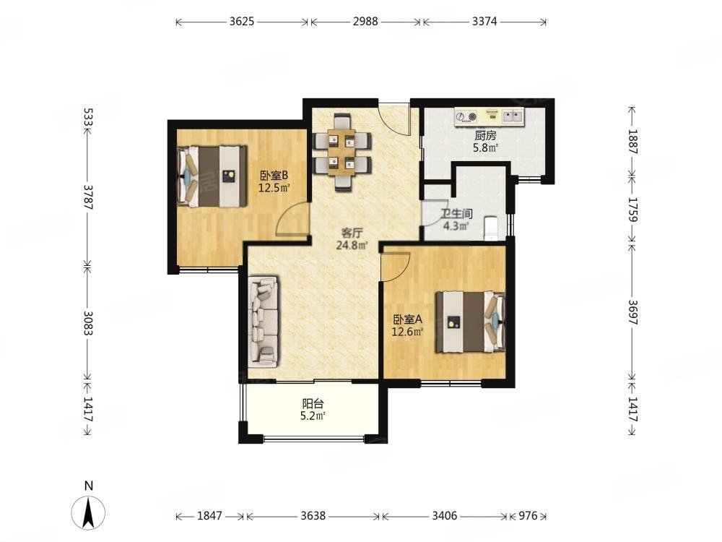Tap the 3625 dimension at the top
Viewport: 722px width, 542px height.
point(242,21)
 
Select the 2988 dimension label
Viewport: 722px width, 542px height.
point(365,21)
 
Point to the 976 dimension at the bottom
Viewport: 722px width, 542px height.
point(529,516)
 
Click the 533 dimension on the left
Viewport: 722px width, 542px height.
point(88,116)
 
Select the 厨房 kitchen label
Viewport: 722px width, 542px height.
point(486,136)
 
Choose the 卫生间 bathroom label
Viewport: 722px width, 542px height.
point(456,214)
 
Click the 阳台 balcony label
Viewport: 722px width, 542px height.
point(313,404)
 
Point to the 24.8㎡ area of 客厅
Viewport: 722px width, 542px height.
point(352,245)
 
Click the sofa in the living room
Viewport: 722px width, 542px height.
point(263,322)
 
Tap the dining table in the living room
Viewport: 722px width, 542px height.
point(342,153)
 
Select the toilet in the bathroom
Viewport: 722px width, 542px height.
point(492,227)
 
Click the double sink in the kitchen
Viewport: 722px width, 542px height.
point(513,116)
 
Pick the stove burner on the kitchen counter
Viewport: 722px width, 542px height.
point(466,116)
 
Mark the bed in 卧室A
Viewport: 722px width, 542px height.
point(471,322)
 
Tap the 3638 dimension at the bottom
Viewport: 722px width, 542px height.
point(313,516)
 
